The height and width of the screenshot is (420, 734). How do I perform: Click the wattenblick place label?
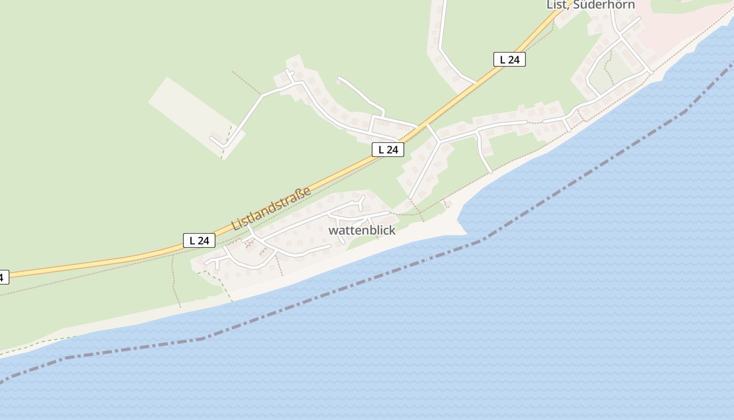(362, 230)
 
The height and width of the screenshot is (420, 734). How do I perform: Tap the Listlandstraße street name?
(272, 208)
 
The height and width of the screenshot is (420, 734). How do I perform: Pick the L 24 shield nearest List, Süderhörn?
(509, 59)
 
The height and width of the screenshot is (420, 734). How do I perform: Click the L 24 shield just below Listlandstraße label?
(199, 240)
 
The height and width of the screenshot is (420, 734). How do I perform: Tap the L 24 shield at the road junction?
(388, 150)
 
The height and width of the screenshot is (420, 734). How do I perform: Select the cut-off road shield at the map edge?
(3, 277)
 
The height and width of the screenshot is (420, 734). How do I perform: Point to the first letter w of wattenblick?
(332, 230)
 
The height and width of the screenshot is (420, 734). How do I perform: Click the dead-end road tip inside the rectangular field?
(212, 139)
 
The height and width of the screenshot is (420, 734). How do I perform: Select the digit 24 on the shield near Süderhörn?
(513, 59)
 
